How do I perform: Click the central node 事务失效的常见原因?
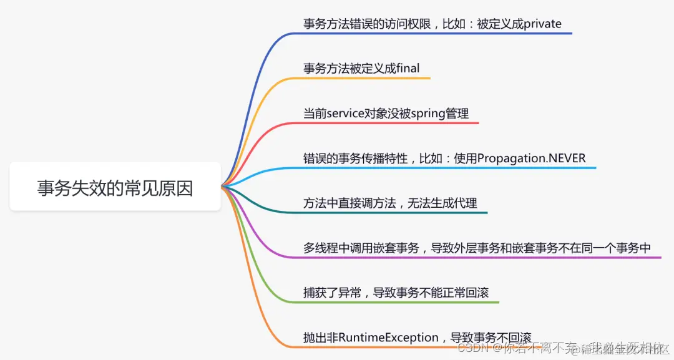pyautogui.click(x=115, y=187)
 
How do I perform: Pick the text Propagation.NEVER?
pyautogui.click(x=532, y=158)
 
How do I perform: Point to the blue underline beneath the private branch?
pyautogui.click(x=437, y=33)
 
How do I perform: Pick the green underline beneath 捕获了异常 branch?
pyautogui.click(x=399, y=302)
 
